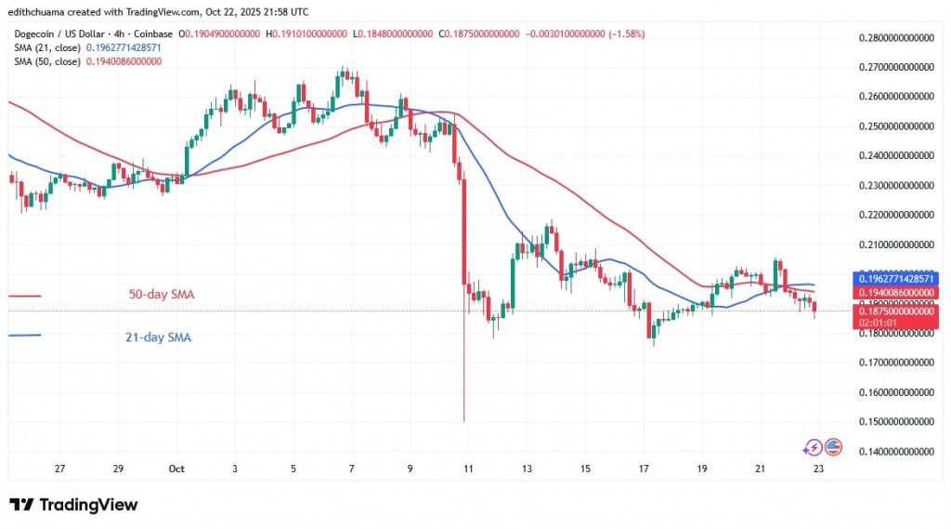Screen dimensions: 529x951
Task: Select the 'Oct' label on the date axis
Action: [176, 469]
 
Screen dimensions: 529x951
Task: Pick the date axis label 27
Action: [59, 469]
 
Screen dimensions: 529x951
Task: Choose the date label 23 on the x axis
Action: [817, 469]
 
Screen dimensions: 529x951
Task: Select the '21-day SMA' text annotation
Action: [158, 337]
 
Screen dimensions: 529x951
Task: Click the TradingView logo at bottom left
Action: [73, 505]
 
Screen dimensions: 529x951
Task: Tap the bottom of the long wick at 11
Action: [463, 420]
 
